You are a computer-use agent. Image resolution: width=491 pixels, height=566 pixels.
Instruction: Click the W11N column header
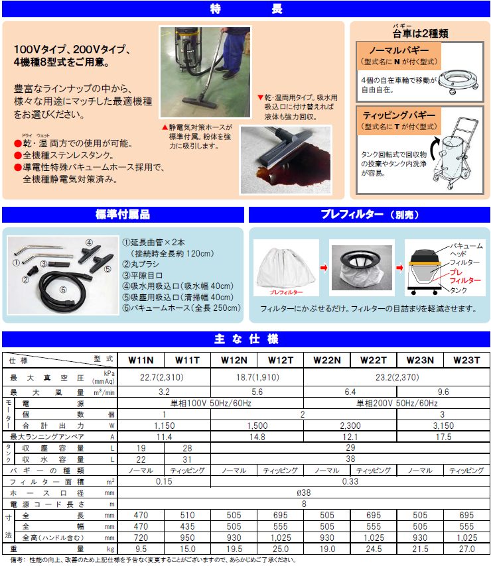141,360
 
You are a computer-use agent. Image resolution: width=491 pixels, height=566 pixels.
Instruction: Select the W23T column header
466,360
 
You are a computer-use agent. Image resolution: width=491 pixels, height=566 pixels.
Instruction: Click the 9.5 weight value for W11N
141,549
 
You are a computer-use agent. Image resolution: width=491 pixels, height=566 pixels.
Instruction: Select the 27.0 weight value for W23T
466,549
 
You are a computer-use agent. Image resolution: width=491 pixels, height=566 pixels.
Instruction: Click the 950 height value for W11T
187,538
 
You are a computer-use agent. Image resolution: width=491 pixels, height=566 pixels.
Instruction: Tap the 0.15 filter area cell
164,481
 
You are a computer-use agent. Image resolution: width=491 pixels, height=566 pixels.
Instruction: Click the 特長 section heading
245,9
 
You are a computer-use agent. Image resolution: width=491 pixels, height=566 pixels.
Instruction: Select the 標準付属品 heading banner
122,215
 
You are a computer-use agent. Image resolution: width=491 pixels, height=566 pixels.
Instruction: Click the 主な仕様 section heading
245,339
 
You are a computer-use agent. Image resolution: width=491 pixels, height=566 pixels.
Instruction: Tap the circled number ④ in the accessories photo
89,242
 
